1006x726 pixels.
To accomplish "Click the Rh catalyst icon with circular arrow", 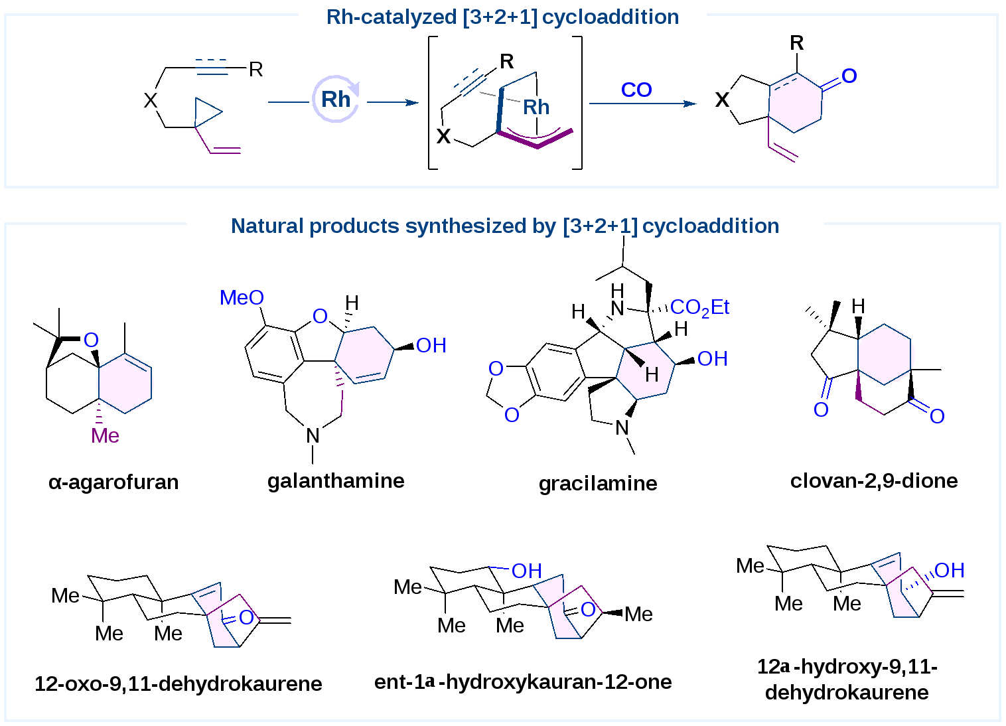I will click(x=337, y=100).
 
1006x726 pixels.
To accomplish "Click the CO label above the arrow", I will click(x=636, y=90).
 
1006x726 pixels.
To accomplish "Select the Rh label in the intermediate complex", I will click(x=536, y=107).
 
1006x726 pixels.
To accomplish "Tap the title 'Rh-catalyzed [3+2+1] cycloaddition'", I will click(x=502, y=18).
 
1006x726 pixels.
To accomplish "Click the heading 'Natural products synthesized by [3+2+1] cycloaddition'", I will click(x=504, y=226).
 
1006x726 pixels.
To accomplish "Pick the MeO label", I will click(x=242, y=298).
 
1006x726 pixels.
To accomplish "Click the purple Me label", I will click(x=105, y=435).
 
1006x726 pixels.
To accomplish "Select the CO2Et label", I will click(x=699, y=307).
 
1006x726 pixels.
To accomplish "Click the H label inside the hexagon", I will click(x=652, y=375).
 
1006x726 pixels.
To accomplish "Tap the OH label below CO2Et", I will click(x=713, y=359).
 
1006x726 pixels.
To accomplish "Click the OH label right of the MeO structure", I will click(x=431, y=346).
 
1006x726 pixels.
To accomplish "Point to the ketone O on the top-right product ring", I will click(x=849, y=76).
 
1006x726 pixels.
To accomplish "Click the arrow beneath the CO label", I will click(x=642, y=104).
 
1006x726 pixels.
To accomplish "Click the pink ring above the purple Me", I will click(x=125, y=383).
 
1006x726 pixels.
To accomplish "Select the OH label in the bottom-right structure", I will click(x=949, y=570).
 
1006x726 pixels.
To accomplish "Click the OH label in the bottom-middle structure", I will click(x=527, y=571).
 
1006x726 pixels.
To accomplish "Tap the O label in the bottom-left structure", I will click(x=246, y=618).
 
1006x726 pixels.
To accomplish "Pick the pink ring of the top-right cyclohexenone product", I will click(x=795, y=102).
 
